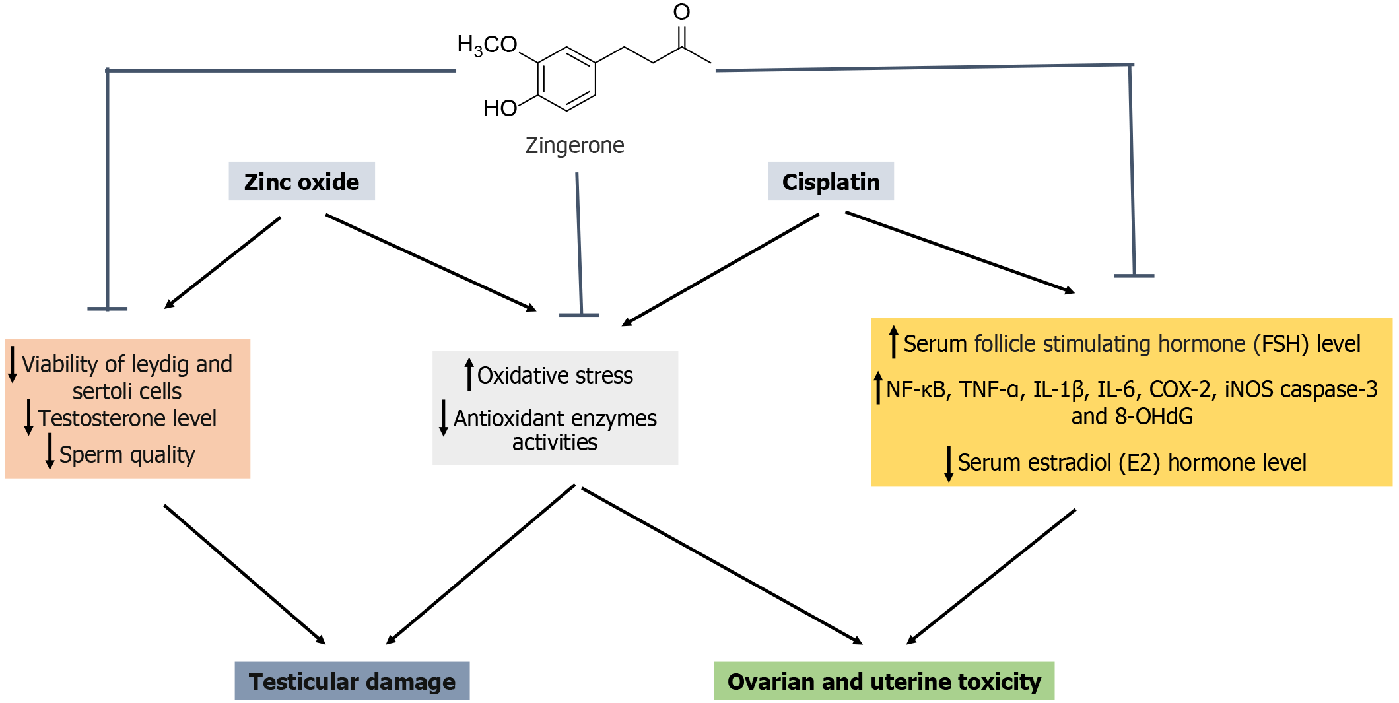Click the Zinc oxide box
[302, 182]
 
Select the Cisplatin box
[831, 182]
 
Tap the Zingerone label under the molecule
[574, 145]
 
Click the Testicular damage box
[352, 681]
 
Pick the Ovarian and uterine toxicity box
[884, 681]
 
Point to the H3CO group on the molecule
[487, 45]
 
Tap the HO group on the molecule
[500, 108]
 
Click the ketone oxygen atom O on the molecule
[681, 12]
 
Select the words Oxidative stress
[555, 376]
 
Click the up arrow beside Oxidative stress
[469, 374]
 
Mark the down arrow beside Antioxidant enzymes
[444, 418]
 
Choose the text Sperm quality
[127, 455]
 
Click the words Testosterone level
[127, 418]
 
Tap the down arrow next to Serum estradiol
[949, 463]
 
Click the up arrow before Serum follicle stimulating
[893, 342]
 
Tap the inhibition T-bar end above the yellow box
[1134, 275]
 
